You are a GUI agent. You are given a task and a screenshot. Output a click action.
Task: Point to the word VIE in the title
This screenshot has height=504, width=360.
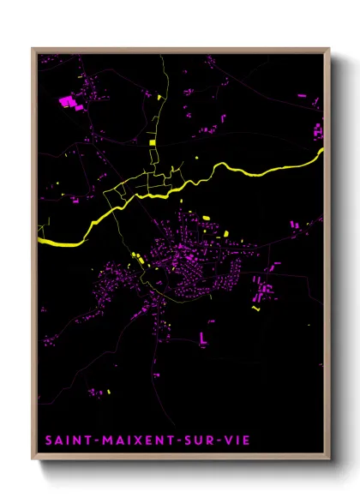241,441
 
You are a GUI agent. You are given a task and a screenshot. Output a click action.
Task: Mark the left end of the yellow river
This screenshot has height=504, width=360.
40,243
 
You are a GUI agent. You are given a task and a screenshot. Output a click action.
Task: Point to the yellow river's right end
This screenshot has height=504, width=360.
323,151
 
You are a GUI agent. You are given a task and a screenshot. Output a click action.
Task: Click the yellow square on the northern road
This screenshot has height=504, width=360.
152,141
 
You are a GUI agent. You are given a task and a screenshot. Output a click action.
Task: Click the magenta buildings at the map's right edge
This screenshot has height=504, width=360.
318,131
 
